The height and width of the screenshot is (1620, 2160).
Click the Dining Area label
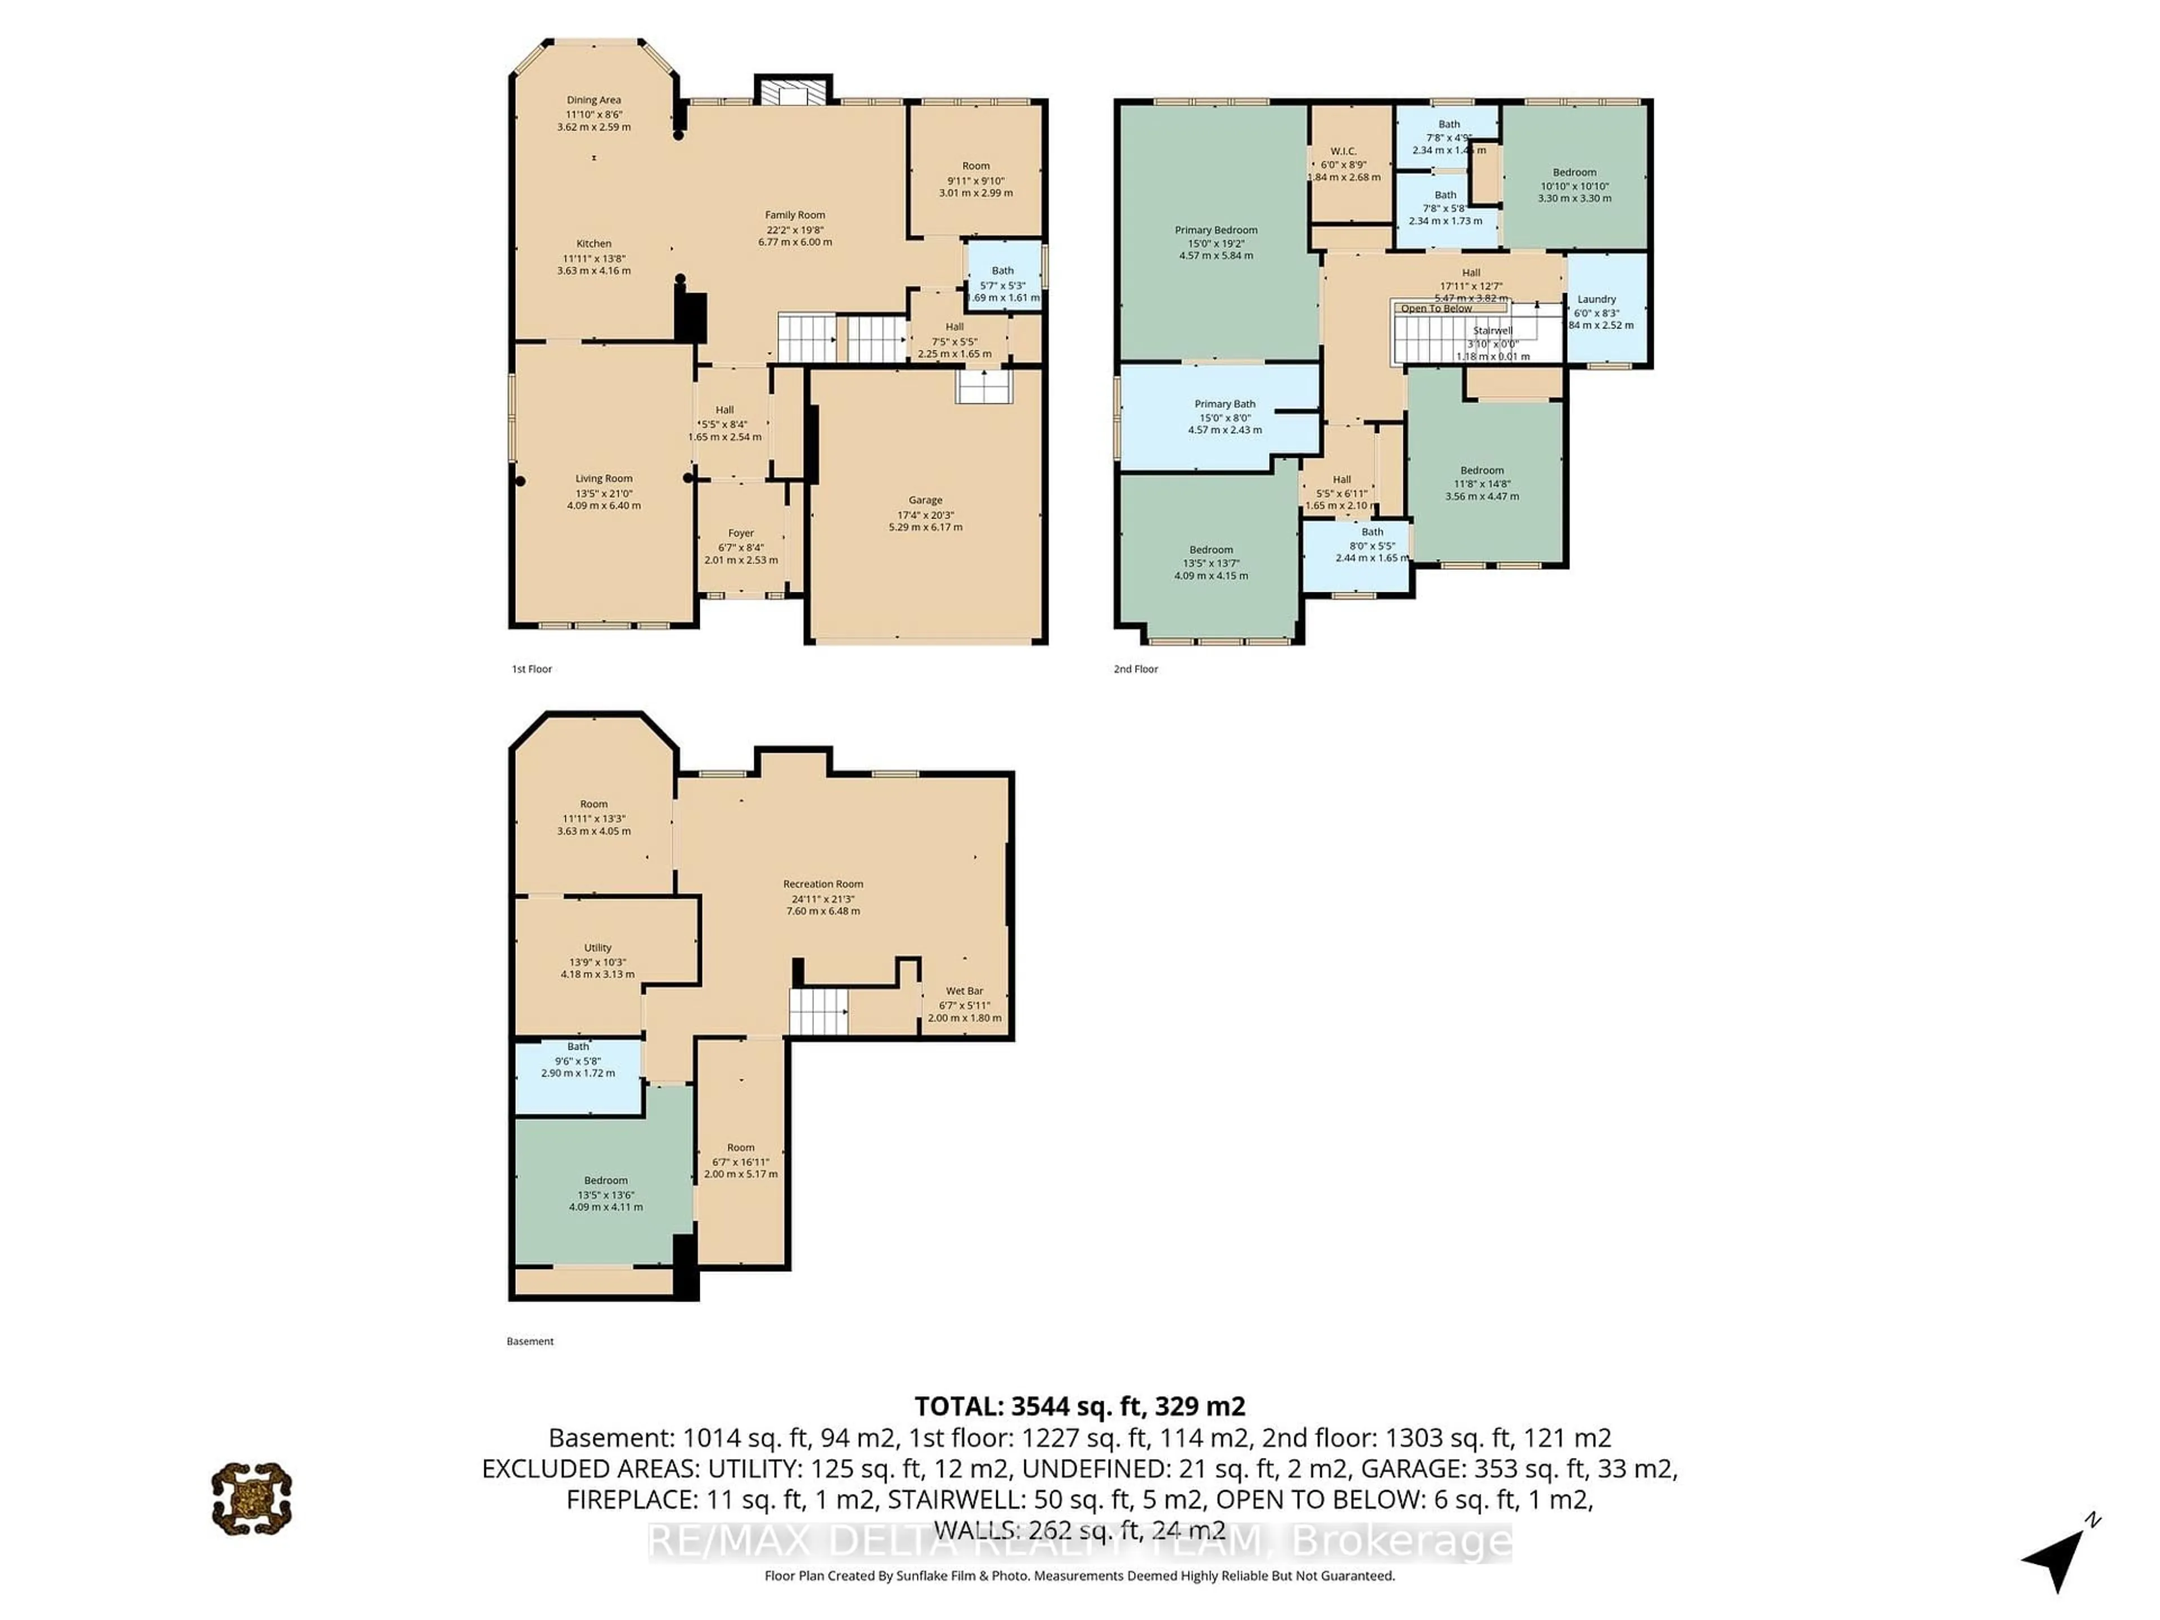[593, 100]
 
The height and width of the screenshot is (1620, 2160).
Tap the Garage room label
[925, 500]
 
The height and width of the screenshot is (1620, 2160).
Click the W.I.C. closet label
[1344, 151]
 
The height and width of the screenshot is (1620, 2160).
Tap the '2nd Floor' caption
[1136, 669]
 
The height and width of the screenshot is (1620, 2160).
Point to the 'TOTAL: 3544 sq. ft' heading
[1079, 1406]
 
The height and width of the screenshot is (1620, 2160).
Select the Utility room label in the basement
[597, 947]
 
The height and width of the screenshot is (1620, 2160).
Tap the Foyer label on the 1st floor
[741, 533]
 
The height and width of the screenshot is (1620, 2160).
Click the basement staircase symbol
[818, 1011]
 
